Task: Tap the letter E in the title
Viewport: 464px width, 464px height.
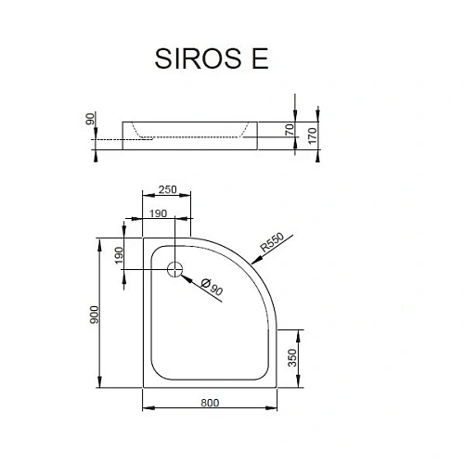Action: click(259, 58)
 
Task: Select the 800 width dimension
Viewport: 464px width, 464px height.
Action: click(209, 403)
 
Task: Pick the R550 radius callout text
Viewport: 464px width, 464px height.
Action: click(272, 241)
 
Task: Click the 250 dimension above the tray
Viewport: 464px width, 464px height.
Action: click(166, 189)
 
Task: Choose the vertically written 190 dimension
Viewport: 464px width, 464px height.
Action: click(119, 255)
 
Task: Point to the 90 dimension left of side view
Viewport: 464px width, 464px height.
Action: click(91, 120)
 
